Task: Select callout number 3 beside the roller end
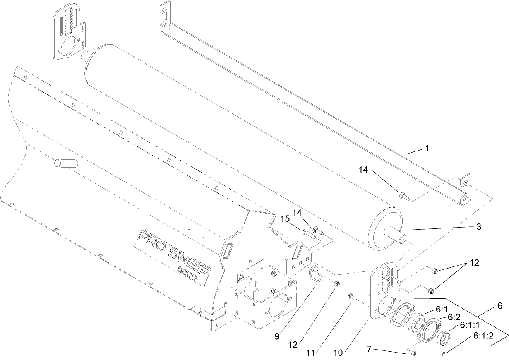pyautogui.click(x=479, y=226)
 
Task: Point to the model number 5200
pyautogui.click(x=193, y=274)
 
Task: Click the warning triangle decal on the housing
pyautogui.click(x=242, y=277)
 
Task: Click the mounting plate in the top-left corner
pyautogui.click(x=70, y=33)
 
